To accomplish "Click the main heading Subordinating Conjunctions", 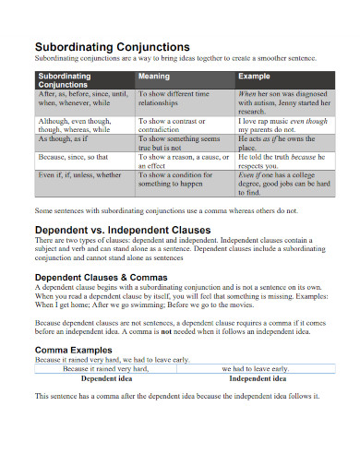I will pos(113,46).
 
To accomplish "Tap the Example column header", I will pos(254,77).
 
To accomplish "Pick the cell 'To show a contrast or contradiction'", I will pos(175,124).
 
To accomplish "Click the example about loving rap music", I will pos(282,124).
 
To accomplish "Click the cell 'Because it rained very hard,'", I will pos(105,369).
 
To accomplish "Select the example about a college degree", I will pos(282,184).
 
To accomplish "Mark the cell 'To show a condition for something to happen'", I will pos(175,179).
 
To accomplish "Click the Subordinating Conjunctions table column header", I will pos(66,81).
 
